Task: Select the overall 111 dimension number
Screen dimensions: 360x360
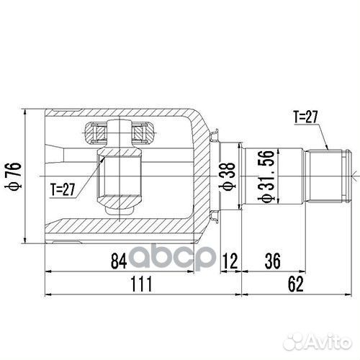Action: [142, 285]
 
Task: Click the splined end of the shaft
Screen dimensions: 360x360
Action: [328, 173]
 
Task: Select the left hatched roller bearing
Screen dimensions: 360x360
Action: [96, 132]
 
